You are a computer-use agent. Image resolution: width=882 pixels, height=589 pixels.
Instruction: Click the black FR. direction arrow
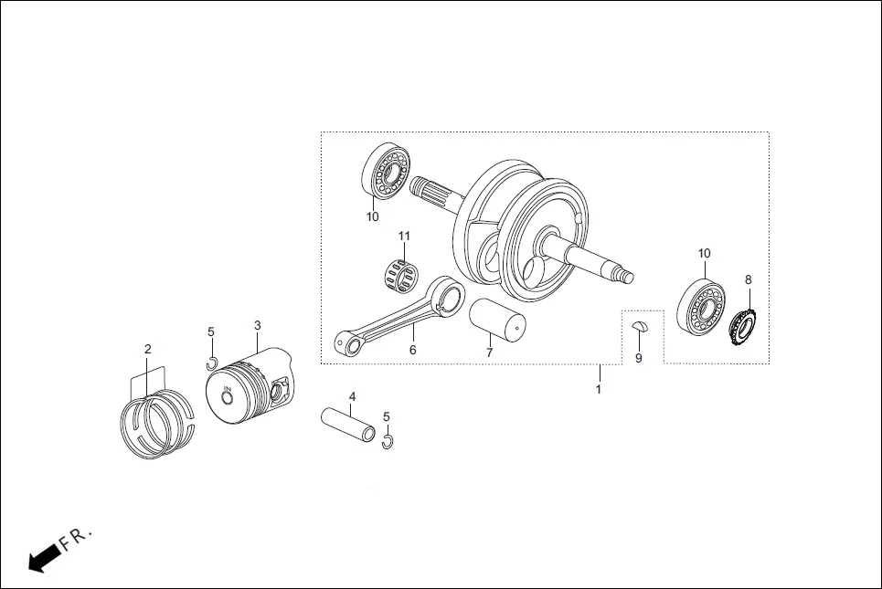point(40,559)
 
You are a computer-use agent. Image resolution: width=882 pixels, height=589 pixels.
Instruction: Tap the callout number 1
point(599,389)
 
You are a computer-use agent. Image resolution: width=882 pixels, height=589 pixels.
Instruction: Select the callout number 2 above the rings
point(147,349)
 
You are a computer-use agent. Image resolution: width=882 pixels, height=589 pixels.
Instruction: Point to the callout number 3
point(257,325)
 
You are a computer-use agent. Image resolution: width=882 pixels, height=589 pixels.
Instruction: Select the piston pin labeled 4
point(346,424)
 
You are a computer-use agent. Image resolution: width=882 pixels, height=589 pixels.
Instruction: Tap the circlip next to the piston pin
point(388,442)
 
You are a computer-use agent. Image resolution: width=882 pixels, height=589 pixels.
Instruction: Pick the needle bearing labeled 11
point(400,273)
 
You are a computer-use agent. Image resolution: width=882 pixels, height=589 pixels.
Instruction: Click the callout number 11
point(403,237)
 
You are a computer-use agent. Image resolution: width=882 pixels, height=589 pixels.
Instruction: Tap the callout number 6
point(412,350)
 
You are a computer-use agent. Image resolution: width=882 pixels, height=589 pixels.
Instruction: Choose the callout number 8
point(748,279)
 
